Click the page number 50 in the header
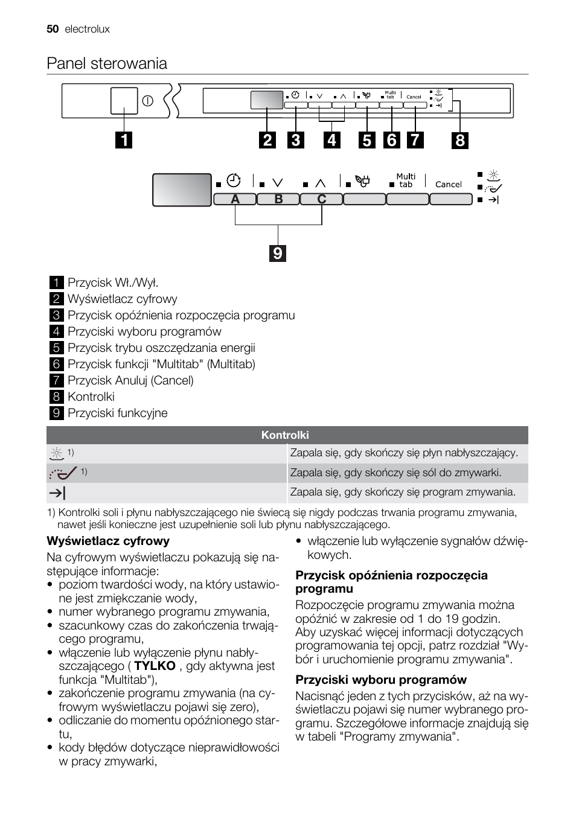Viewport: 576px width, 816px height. (52, 29)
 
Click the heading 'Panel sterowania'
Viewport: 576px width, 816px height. (107, 63)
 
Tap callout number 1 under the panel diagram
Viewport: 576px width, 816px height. (124, 140)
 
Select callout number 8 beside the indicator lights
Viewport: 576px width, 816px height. (460, 140)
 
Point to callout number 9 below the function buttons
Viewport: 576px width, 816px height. (278, 253)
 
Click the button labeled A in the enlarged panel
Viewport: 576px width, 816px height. (235, 199)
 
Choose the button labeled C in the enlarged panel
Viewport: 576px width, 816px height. (321, 199)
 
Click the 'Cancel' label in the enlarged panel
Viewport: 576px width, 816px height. (448, 185)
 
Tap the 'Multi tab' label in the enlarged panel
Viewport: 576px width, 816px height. (406, 180)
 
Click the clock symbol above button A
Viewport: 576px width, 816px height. (234, 180)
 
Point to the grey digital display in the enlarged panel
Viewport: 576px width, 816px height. (182, 190)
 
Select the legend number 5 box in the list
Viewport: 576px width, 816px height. (56, 348)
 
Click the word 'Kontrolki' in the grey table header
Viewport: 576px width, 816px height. (285, 435)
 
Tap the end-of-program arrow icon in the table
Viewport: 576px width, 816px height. (57, 493)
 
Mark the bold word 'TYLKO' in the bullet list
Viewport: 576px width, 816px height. (155, 666)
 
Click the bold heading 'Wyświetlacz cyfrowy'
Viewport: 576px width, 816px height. (108, 541)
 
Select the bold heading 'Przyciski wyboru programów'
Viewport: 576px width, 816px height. (381, 680)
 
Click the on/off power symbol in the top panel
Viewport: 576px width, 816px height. (148, 101)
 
